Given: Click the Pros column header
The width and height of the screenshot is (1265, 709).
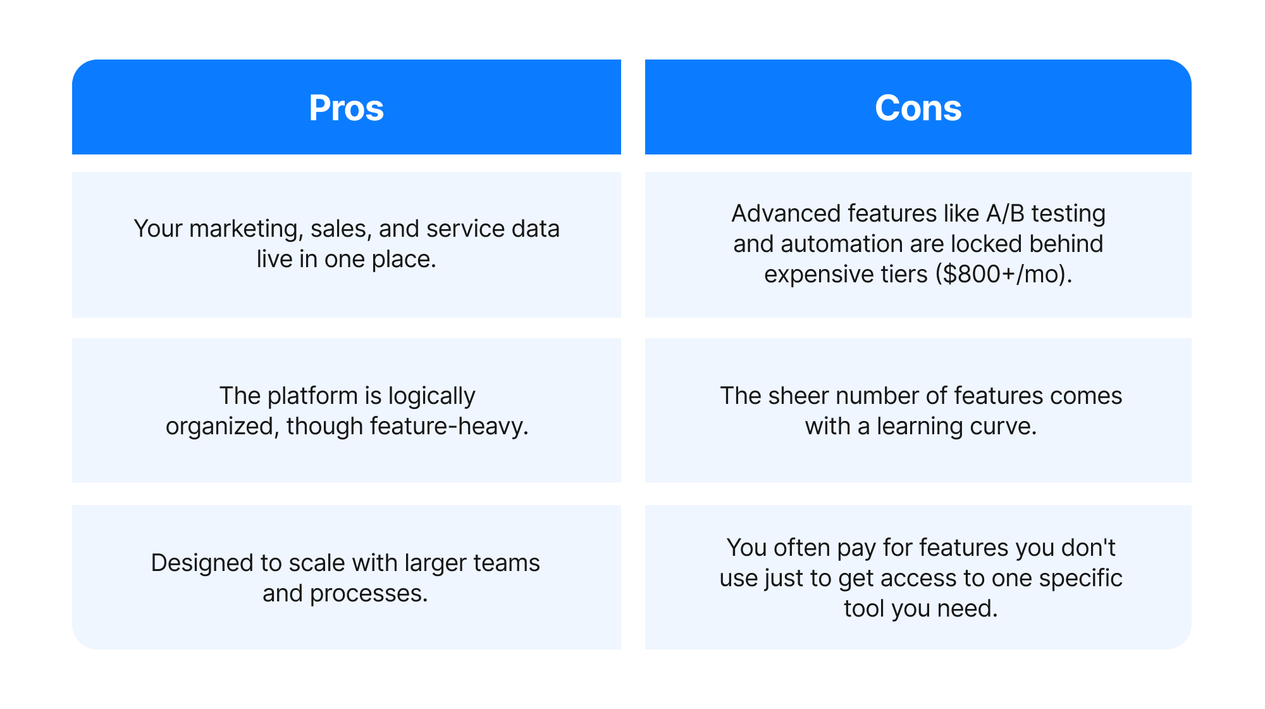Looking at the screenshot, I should coord(346,108).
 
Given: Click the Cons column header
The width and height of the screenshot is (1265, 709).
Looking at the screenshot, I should coord(918,108).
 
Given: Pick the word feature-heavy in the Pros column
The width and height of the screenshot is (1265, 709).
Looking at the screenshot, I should coord(448,427).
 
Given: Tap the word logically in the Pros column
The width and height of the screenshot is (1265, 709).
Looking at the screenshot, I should coord(431,396).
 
